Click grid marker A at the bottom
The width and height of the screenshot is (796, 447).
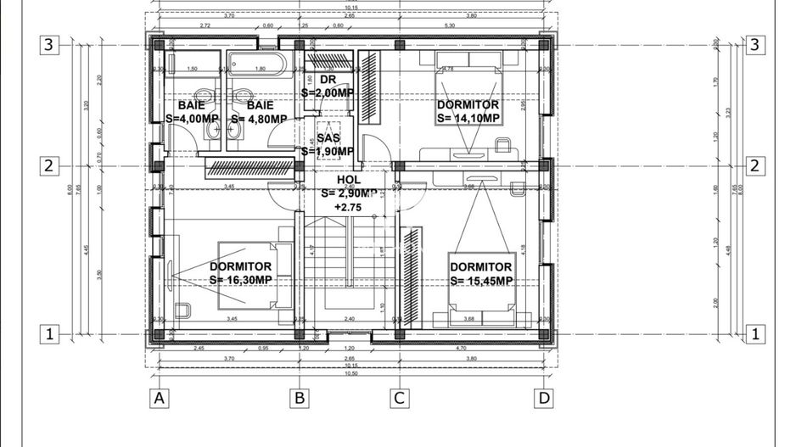157,396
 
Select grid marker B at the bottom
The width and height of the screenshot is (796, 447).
299,396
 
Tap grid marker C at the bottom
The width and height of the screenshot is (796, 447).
399,396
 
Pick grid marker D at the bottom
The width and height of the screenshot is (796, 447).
543,396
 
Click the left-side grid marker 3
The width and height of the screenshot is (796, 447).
50,45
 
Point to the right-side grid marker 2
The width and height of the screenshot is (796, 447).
752,166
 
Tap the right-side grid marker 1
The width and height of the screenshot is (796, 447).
752,334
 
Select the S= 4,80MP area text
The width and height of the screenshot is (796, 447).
259,119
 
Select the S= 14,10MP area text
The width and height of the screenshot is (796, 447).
468,119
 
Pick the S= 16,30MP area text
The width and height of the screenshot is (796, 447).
241,279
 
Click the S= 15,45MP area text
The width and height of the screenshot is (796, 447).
481,281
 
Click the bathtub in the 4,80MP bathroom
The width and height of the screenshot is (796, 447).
259,64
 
